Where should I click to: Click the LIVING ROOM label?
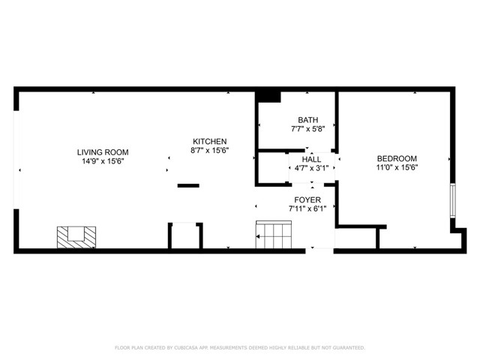click(103, 152)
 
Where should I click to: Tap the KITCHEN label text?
click(210, 142)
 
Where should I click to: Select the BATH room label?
click(308, 120)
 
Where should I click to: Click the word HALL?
click(312, 160)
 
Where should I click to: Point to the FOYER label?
click(307, 200)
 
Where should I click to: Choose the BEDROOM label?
click(397, 158)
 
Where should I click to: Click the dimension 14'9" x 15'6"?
click(103, 161)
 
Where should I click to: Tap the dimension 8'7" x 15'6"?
click(210, 150)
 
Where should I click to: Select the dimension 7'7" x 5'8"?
click(308, 129)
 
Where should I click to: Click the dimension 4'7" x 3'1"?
click(312, 168)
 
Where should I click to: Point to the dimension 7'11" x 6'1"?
click(307, 208)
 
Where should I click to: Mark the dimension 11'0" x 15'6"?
click(397, 167)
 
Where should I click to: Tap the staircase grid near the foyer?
click(274, 235)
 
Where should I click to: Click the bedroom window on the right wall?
click(453, 200)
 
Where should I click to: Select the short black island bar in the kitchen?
click(188, 185)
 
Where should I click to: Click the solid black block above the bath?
click(268, 97)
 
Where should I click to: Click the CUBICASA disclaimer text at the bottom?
click(240, 348)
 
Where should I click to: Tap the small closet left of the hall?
click(273, 167)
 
